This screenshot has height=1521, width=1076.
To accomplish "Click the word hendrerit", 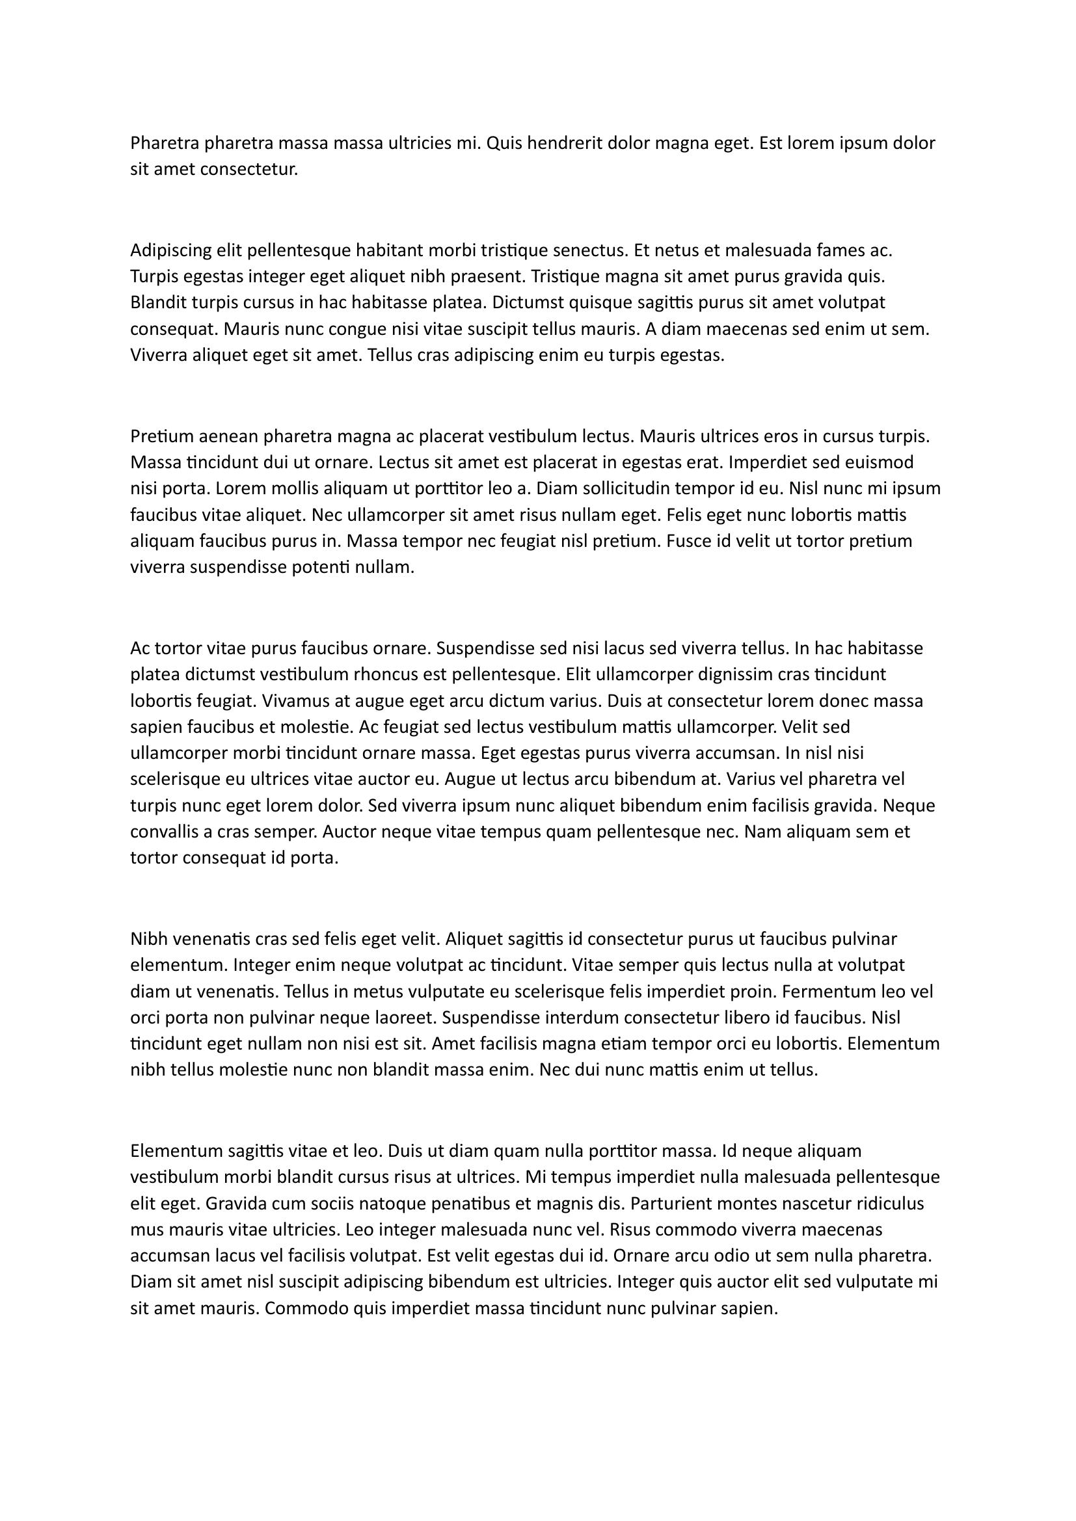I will point(561,143).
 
